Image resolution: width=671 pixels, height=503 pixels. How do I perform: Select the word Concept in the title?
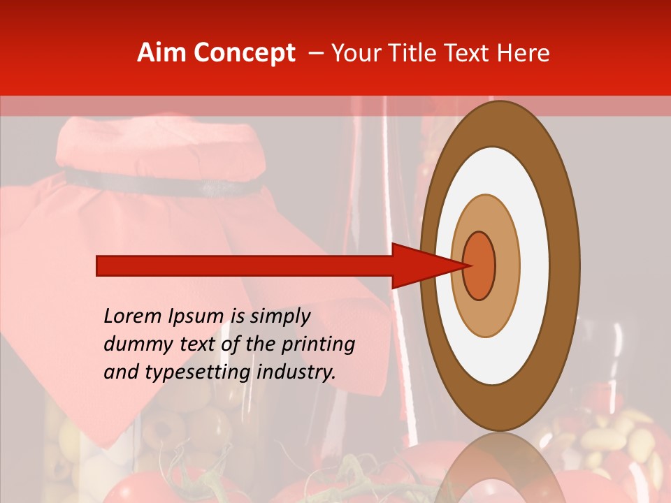[244, 53]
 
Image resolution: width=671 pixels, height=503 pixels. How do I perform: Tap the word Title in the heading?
[415, 53]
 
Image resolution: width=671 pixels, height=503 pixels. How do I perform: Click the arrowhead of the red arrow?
[426, 265]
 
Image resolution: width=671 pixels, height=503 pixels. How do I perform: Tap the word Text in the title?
[470, 53]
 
